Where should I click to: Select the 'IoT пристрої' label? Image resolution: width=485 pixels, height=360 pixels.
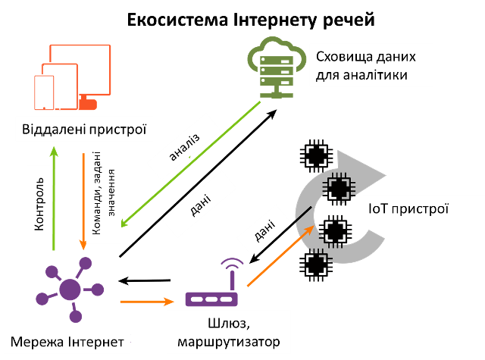click(x=408, y=207)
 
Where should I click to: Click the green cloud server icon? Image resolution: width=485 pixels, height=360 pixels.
click(x=272, y=69)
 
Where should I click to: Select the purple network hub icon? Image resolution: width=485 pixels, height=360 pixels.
click(x=71, y=289)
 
